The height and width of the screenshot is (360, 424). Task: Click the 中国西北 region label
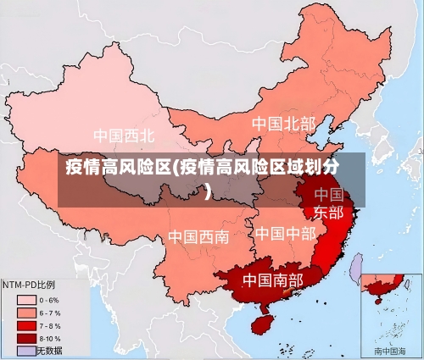[124, 136]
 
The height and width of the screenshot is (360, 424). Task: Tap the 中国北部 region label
[283, 124]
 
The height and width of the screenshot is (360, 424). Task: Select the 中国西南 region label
[198, 236]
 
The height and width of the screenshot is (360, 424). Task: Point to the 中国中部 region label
[285, 233]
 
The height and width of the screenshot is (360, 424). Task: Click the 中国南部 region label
[272, 280]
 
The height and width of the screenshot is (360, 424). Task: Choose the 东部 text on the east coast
[329, 212]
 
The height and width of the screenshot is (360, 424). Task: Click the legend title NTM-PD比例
[29, 285]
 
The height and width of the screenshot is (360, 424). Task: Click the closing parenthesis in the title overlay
[208, 191]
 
